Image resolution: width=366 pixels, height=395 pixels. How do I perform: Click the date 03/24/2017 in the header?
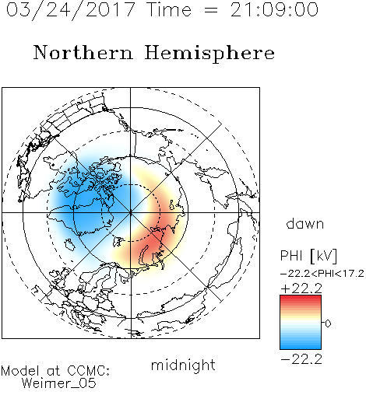tap(70, 10)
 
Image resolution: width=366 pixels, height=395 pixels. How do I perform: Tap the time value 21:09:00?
tap(274, 10)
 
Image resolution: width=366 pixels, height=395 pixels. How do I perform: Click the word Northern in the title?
tap(83, 52)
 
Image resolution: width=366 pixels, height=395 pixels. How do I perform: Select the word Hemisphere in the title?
tap(209, 54)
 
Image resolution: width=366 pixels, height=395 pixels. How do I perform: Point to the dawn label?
tap(305, 223)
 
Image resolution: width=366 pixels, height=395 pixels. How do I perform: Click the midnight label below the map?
tap(183, 365)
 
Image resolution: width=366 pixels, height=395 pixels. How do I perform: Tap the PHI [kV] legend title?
tap(308, 256)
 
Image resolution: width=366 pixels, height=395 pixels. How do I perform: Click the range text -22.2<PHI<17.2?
tap(322, 274)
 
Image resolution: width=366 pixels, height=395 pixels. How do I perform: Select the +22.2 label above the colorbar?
tap(301, 288)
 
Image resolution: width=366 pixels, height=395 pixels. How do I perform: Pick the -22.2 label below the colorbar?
tap(301, 359)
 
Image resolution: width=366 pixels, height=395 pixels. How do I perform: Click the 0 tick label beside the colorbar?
tap(328, 323)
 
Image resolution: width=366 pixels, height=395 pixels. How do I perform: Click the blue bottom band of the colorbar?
tap(301, 346)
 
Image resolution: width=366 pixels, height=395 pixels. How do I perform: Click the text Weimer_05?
tap(58, 383)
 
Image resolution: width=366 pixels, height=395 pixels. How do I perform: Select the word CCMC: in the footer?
tap(89, 371)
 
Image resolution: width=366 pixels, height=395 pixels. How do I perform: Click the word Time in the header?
tap(169, 10)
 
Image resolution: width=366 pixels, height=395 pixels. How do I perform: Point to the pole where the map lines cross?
tap(131, 212)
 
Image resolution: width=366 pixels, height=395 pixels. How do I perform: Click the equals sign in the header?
tap(211, 10)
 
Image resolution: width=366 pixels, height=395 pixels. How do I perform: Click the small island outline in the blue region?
tap(69, 245)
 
